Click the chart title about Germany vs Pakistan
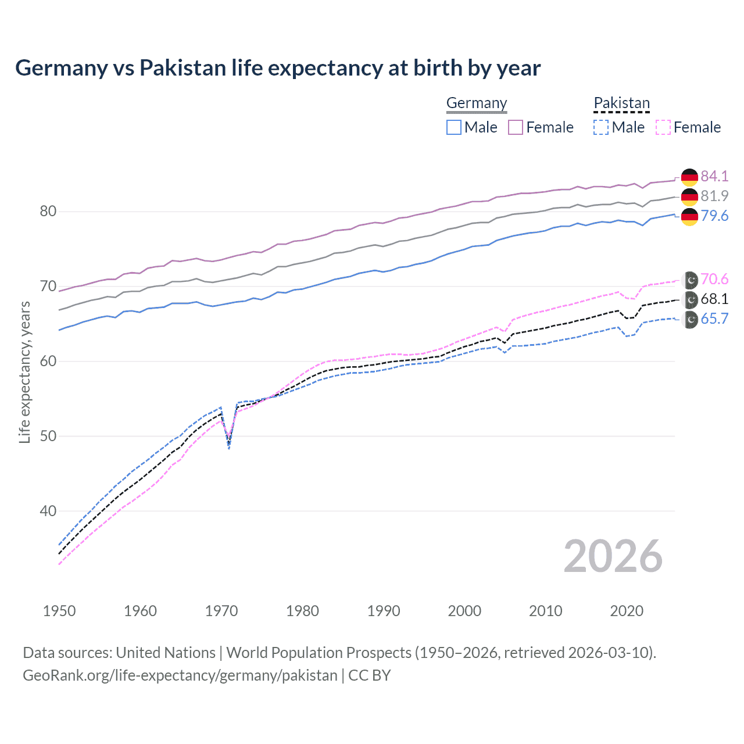[278, 68]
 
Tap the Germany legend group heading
[477, 103]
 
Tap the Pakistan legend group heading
[621, 103]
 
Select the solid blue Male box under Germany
[454, 127]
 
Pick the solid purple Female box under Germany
[516, 127]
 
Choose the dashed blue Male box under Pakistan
[601, 127]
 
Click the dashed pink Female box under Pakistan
[663, 127]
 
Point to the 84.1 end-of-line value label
[714, 176]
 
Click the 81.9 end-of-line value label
[714, 196]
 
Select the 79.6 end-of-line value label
[714, 216]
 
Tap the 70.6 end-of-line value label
[714, 279]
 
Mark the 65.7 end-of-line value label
[714, 319]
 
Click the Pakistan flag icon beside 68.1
[690, 299]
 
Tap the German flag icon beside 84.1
[689, 177]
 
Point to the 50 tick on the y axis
[48, 436]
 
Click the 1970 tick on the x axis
[221, 611]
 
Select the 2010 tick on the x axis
[545, 611]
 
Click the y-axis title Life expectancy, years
[25, 372]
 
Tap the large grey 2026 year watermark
[613, 556]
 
